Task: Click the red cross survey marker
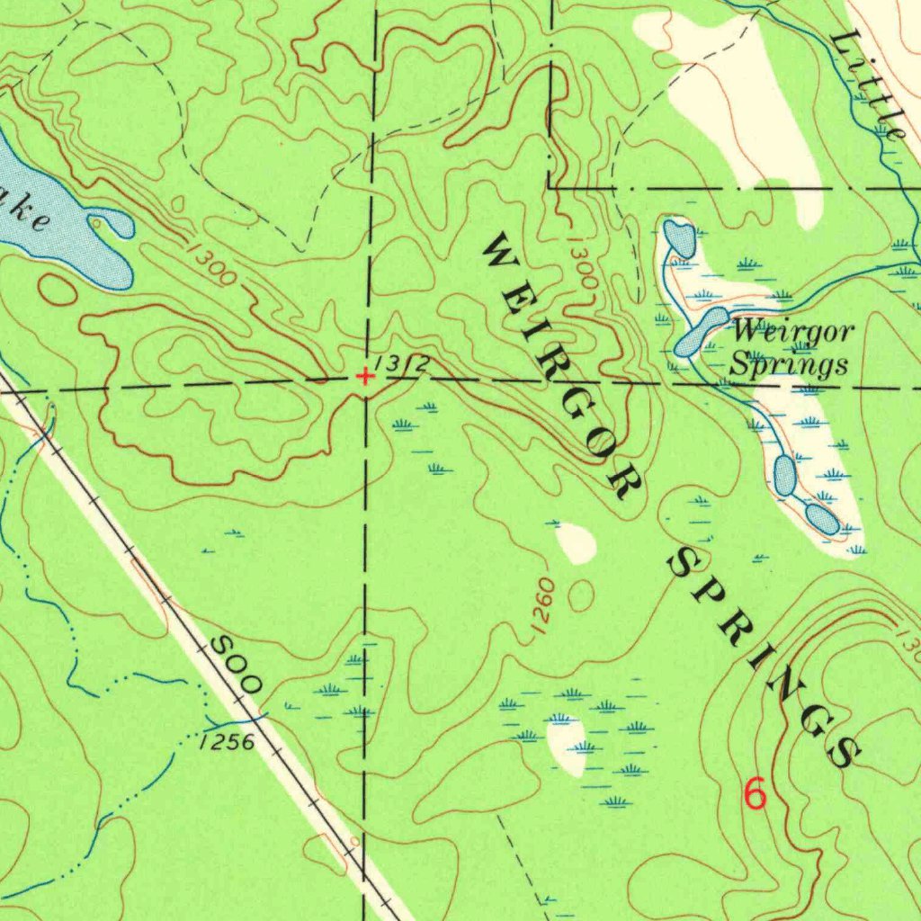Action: (x=363, y=376)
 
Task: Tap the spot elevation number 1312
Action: (x=401, y=364)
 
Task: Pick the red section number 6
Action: (x=756, y=794)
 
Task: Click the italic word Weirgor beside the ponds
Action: (x=791, y=332)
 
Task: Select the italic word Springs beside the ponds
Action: (x=788, y=364)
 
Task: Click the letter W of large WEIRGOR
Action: (x=497, y=251)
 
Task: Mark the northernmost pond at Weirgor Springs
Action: (x=679, y=238)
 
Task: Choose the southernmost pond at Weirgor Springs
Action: (x=821, y=519)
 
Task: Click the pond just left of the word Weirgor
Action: (x=702, y=332)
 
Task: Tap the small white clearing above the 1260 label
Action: (x=576, y=543)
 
